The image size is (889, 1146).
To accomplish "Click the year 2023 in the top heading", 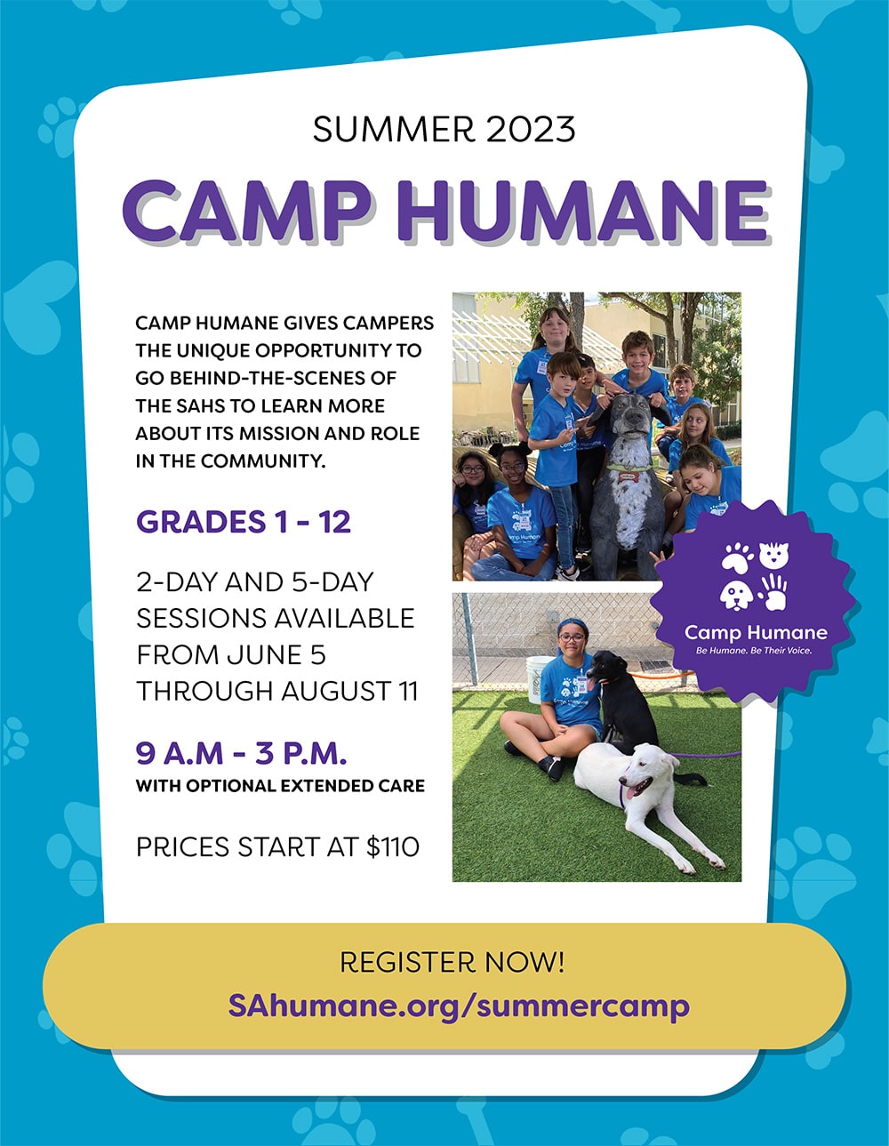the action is (x=531, y=129).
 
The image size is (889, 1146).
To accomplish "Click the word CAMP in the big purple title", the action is (x=246, y=211).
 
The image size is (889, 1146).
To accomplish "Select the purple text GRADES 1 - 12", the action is (x=243, y=522).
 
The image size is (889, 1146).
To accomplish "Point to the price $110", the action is (x=393, y=847).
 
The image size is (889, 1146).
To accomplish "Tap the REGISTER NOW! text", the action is (x=452, y=962).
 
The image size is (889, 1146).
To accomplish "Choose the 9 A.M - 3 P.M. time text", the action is (x=241, y=753).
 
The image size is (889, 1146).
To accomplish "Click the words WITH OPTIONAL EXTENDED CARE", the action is (x=280, y=786).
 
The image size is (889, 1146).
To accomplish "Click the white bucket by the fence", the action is (x=540, y=678).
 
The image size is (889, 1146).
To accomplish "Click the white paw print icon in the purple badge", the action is (x=737, y=557).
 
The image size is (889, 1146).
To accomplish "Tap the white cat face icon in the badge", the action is (x=773, y=556).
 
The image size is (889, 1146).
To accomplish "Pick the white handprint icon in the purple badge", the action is (x=773, y=592).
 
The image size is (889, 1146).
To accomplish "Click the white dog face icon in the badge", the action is (x=737, y=595).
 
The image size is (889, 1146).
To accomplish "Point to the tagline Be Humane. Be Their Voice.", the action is (x=754, y=651).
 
